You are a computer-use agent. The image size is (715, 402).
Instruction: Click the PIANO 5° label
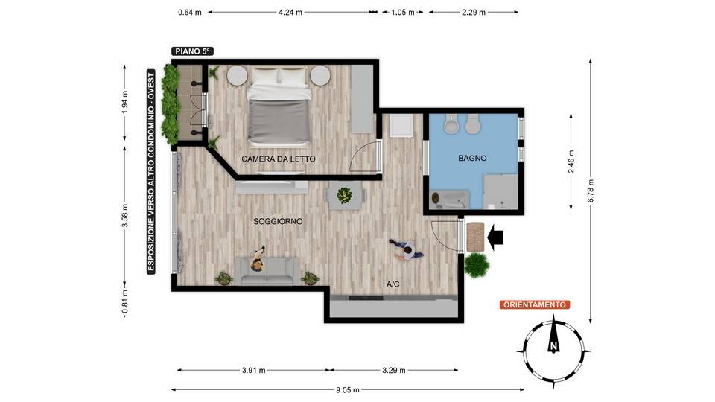[192, 51]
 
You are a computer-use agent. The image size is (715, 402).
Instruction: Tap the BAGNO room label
[472, 158]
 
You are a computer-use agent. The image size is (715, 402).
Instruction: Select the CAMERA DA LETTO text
[278, 159]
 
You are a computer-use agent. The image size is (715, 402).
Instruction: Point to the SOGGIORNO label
[278, 222]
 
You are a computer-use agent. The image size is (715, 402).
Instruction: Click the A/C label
[393, 284]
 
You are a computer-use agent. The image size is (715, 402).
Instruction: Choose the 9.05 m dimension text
[348, 389]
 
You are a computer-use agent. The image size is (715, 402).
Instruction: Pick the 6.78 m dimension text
[591, 191]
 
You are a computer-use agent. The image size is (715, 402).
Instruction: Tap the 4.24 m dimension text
[290, 13]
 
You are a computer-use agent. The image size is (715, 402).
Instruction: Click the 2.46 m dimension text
[571, 162]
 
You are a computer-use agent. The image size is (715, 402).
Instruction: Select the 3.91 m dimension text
[253, 371]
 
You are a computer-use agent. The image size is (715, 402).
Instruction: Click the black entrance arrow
[495, 237]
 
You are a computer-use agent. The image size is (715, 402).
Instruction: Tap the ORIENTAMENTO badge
[535, 305]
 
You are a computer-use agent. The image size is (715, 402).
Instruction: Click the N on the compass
[553, 345]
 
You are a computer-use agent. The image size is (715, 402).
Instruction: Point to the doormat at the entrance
[475, 237]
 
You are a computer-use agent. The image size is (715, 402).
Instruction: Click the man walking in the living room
[407, 250]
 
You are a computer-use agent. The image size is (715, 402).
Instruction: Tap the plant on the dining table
[345, 195]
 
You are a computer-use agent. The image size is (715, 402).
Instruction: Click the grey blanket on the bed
[279, 121]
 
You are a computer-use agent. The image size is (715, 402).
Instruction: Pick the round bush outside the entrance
[477, 265]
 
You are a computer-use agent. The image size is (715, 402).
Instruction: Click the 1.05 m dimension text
[403, 13]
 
